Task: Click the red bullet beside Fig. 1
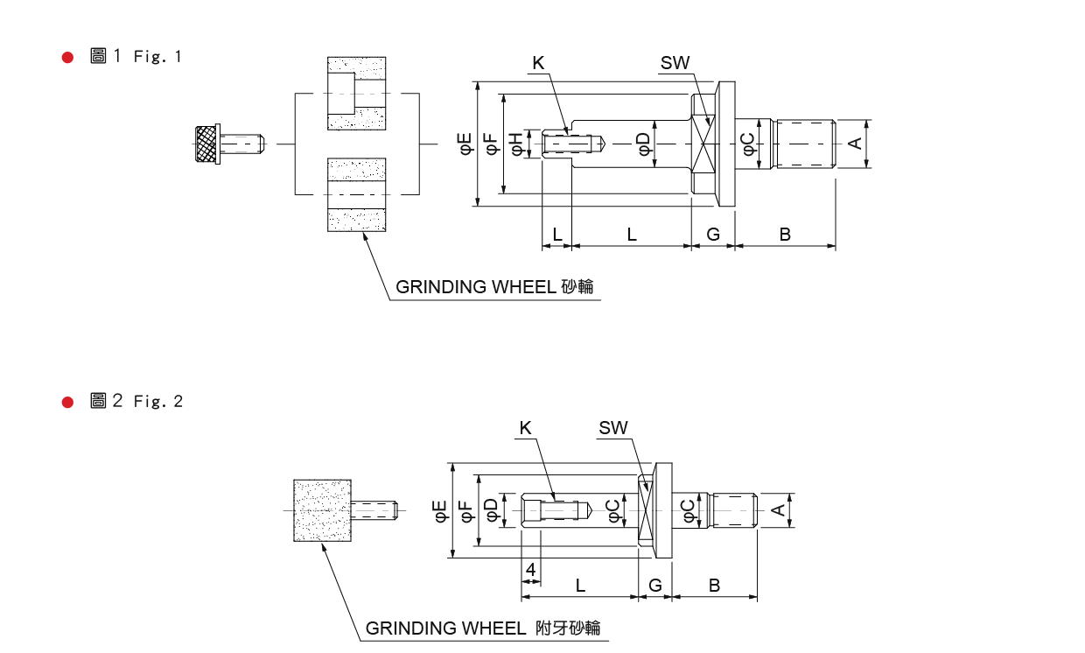67,58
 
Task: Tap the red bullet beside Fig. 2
67,402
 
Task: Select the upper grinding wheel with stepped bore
356,94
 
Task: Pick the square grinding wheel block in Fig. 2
323,510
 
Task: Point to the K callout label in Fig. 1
538,62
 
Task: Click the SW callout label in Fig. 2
613,428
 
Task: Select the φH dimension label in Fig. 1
516,144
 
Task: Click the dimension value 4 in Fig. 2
530,570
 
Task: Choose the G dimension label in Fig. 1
713,235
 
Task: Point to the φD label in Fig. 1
643,144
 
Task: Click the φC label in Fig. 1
749,144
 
